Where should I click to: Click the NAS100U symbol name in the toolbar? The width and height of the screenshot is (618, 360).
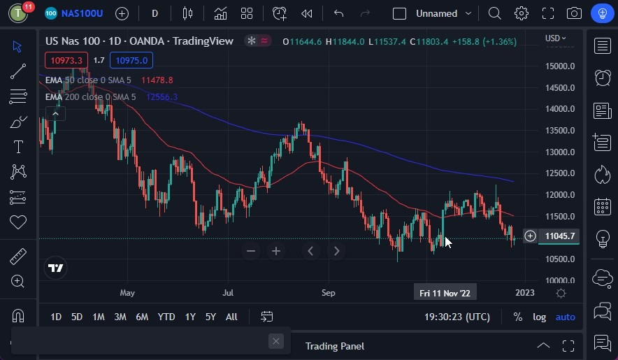[x=82, y=13]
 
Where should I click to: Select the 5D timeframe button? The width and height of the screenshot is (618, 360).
[x=77, y=317]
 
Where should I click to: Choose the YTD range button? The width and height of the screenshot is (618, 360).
[x=166, y=317]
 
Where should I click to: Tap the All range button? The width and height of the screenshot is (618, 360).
[x=231, y=317]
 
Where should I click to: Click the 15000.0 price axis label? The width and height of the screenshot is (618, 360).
[x=560, y=66]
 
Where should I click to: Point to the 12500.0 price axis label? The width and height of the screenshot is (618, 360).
[x=560, y=173]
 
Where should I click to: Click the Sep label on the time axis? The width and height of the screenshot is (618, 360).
[x=329, y=293]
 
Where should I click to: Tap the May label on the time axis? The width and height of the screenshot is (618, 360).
[x=127, y=293]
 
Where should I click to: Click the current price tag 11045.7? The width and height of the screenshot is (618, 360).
[x=560, y=236]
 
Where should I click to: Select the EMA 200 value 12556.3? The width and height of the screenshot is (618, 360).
[x=161, y=96]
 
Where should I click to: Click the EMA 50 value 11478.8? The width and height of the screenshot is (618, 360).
[x=157, y=80]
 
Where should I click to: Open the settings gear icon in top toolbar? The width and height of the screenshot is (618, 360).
[x=521, y=13]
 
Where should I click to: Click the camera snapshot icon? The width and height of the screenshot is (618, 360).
[x=574, y=13]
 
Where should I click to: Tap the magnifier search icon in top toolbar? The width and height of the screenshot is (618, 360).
[x=494, y=13]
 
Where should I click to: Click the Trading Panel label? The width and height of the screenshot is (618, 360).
[x=335, y=346]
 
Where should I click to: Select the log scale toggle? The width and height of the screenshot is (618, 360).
[x=539, y=317]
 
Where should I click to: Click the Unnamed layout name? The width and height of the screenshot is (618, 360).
[x=436, y=13]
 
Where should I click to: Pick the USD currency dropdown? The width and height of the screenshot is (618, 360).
[x=555, y=38]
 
